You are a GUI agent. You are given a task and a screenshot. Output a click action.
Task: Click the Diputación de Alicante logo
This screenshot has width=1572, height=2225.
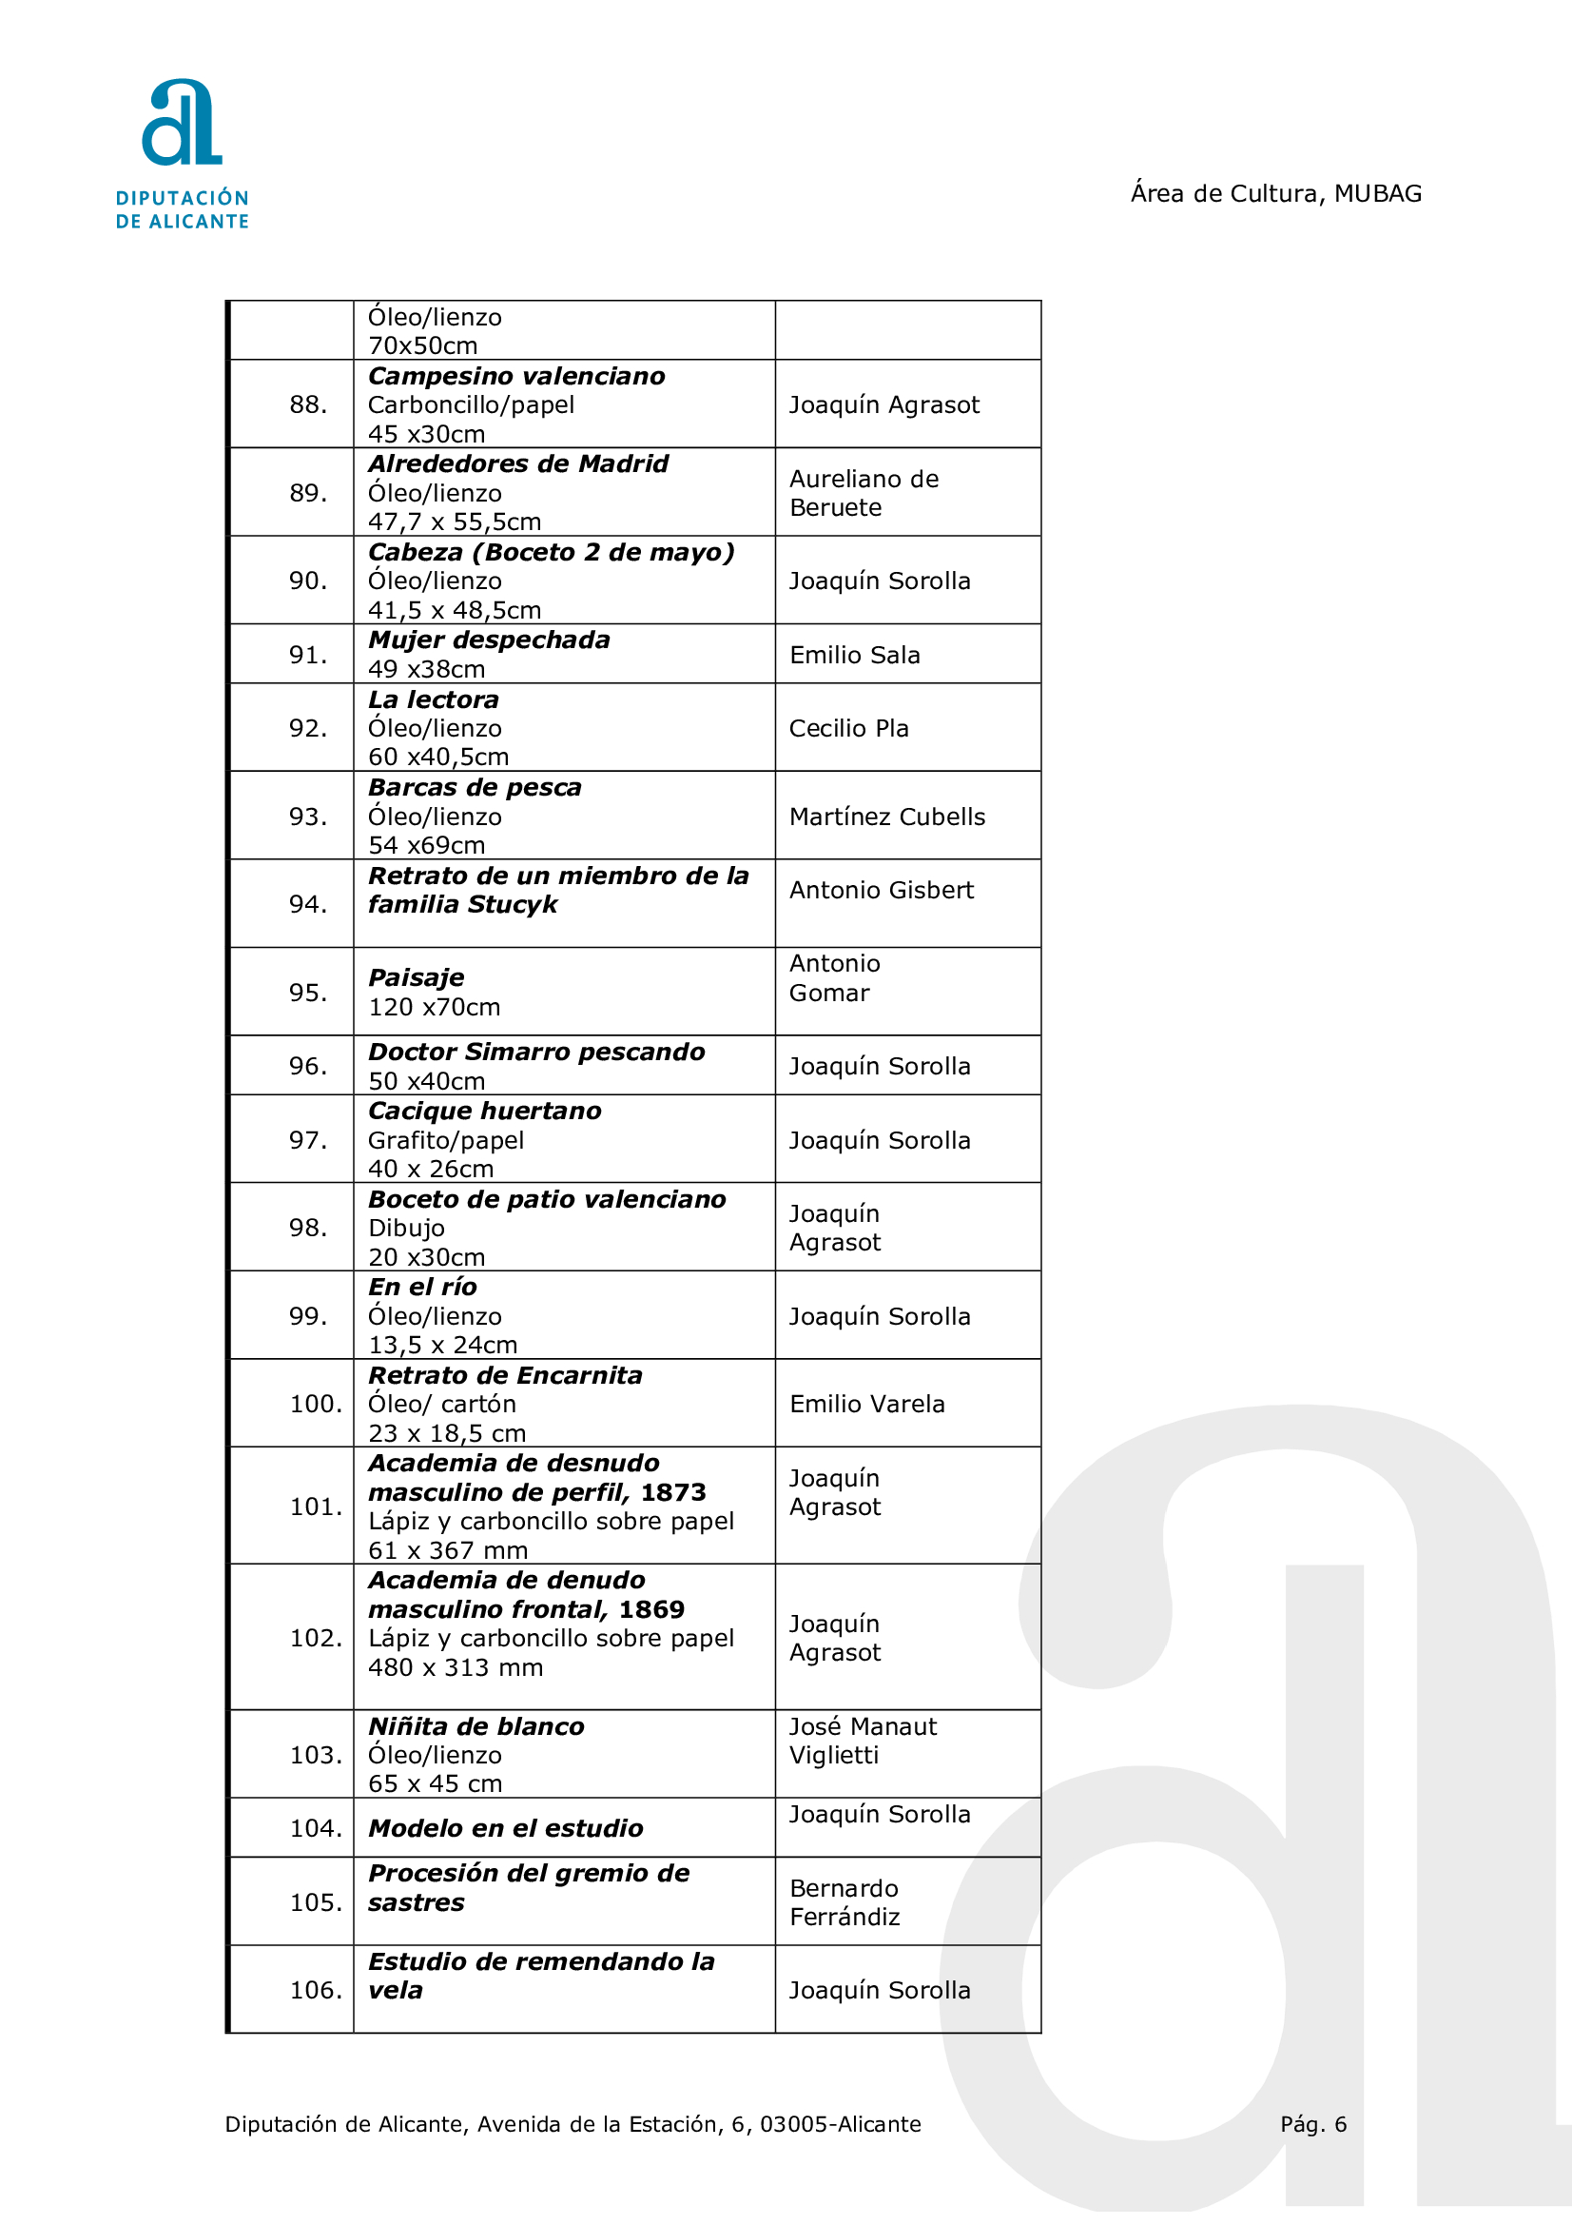pyautogui.click(x=182, y=153)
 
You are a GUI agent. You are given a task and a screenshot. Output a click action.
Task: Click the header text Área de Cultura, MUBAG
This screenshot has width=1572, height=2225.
pyautogui.click(x=1275, y=194)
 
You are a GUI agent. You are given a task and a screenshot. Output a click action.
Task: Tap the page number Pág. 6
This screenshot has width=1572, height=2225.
pyautogui.click(x=1312, y=2124)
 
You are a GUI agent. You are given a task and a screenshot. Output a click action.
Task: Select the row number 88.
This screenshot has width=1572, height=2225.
pyautogui.click(x=308, y=405)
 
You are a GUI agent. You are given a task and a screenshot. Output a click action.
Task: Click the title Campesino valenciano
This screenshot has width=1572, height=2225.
pyautogui.click(x=516, y=376)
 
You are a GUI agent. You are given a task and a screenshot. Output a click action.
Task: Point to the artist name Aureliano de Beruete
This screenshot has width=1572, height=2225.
pyautogui.click(x=863, y=492)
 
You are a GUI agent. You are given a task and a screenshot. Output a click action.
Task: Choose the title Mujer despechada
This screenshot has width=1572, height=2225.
pyautogui.click(x=489, y=640)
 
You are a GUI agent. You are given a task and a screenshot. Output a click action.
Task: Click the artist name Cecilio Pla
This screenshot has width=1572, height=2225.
pyautogui.click(x=848, y=728)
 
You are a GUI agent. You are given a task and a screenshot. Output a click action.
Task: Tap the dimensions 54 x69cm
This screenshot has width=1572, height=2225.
pyautogui.click(x=426, y=845)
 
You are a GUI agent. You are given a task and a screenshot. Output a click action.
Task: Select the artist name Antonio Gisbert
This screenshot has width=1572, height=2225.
pyautogui.click(x=882, y=890)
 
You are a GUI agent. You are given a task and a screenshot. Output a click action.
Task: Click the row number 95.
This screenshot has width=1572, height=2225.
pyautogui.click(x=308, y=993)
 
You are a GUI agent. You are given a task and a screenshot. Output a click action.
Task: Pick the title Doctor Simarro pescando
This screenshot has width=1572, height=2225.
pyautogui.click(x=536, y=1052)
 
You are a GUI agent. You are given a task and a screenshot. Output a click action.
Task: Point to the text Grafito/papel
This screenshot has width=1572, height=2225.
pyautogui.click(x=446, y=1140)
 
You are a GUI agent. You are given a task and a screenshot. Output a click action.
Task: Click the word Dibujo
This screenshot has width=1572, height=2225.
pyautogui.click(x=406, y=1228)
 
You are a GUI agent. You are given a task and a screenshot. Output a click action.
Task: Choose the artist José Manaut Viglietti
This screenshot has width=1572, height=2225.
pyautogui.click(x=862, y=1741)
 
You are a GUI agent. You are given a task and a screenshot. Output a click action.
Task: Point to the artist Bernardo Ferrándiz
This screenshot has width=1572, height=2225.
pyautogui.click(x=844, y=1902)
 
